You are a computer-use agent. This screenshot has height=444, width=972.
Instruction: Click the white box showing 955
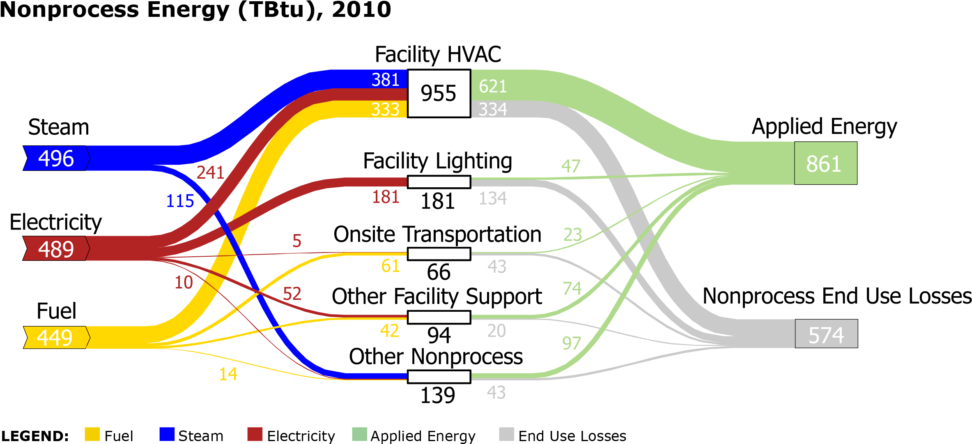coord(439,93)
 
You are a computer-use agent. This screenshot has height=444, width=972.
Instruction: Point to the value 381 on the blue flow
coord(385,80)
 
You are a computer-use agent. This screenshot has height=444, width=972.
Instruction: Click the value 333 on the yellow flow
coord(385,109)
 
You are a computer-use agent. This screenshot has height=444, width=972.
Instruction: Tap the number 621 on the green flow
coord(493,86)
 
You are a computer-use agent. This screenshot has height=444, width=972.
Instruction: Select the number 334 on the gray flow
coord(493,109)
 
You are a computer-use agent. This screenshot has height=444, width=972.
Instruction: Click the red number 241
coord(210,173)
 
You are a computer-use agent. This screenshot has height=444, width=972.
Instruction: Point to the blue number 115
coord(180,201)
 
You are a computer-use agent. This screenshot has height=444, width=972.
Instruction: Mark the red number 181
coord(386,197)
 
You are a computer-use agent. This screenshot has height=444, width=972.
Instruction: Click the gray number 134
coord(493,199)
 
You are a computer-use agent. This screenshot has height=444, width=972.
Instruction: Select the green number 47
coord(571,166)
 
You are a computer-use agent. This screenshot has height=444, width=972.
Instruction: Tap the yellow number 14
coord(228,374)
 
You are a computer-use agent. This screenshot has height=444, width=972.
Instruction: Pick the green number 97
coord(572,343)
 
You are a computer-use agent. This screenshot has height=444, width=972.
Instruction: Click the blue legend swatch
coord(167,434)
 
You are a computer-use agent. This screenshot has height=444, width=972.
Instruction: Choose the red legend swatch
coord(255,434)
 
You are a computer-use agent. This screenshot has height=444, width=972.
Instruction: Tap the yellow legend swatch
coord(92,434)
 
